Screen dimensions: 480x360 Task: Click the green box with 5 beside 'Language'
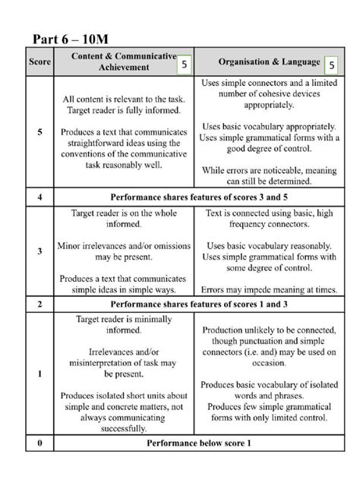pos(331,66)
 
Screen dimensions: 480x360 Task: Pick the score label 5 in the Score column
pos(39,131)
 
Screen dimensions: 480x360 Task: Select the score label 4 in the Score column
pos(39,196)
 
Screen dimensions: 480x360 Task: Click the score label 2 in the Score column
pos(39,305)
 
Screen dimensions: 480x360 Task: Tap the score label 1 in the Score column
pos(39,374)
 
